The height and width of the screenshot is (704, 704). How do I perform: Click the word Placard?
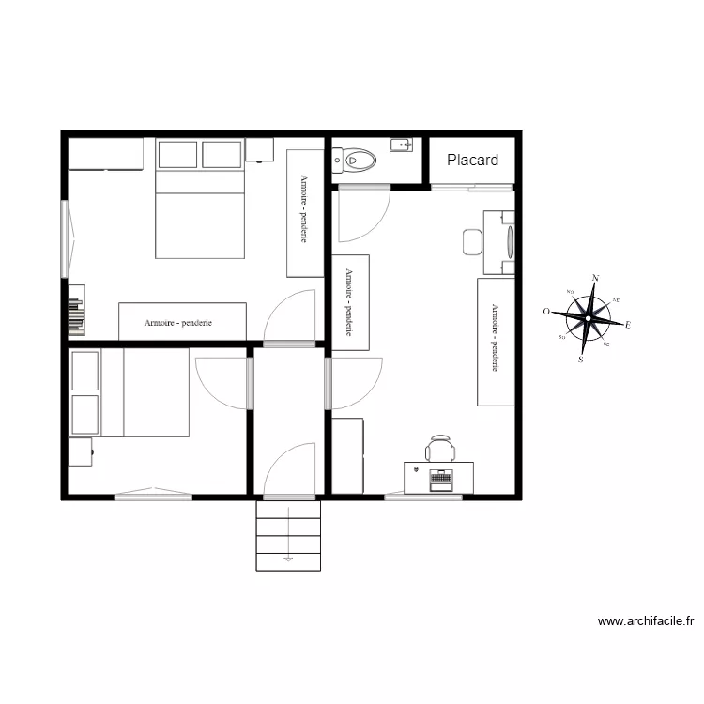[x=472, y=161]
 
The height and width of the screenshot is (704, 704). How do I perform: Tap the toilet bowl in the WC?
[x=358, y=161]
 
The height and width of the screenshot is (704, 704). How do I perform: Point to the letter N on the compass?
[x=595, y=278]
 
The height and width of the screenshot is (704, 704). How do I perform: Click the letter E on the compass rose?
[x=628, y=325]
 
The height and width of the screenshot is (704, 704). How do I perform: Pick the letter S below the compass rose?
[x=581, y=359]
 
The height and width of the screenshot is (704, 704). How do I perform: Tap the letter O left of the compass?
[x=546, y=311]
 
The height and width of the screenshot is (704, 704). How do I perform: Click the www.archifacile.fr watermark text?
[x=645, y=621]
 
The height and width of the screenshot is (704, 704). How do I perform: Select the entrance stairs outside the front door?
[x=288, y=535]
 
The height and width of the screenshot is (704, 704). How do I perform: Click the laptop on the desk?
[x=440, y=479]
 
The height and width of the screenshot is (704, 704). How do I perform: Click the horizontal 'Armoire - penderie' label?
[x=178, y=322]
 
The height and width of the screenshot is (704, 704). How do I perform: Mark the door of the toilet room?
[x=364, y=214]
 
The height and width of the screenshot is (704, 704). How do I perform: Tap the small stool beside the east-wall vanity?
[x=471, y=242]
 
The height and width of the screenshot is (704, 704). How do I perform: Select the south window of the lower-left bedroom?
[x=153, y=494]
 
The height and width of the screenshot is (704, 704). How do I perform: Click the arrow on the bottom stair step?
[x=288, y=559]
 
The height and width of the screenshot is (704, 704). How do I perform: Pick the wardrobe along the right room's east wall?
[x=495, y=342]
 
